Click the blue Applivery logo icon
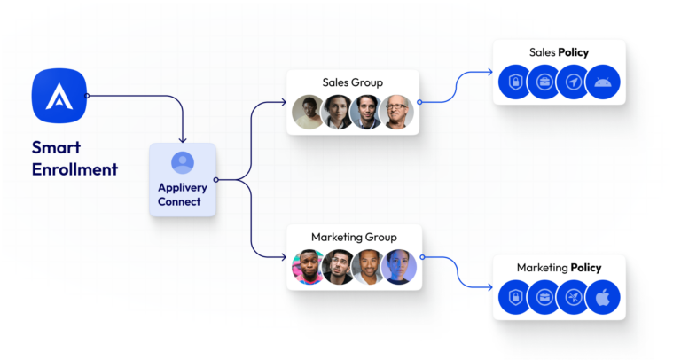59,95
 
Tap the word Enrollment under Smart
74,169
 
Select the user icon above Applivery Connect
183,163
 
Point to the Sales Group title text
352,82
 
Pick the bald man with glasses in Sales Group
395,113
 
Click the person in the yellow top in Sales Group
309,113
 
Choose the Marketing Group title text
353,237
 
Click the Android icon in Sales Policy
602,82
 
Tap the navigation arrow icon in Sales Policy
573,82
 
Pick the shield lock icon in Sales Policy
515,82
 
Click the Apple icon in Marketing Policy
602,297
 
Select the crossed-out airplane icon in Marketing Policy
573,297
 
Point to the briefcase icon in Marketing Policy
544,297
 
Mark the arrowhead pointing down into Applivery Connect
183,139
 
